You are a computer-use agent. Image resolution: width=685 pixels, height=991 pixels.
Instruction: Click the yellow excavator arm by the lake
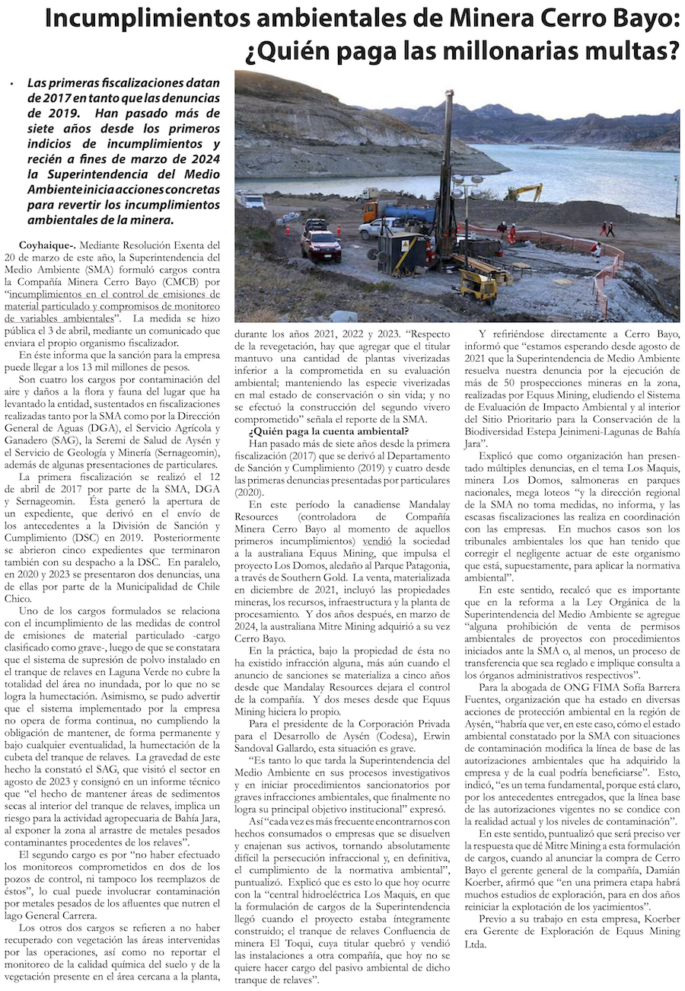tap(525, 190)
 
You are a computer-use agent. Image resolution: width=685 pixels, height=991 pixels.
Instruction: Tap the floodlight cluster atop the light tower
tap(467, 184)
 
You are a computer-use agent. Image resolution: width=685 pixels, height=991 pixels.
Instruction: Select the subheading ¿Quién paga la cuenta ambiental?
tap(329, 432)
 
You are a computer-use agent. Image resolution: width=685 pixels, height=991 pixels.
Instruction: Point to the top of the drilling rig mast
tap(449, 94)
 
